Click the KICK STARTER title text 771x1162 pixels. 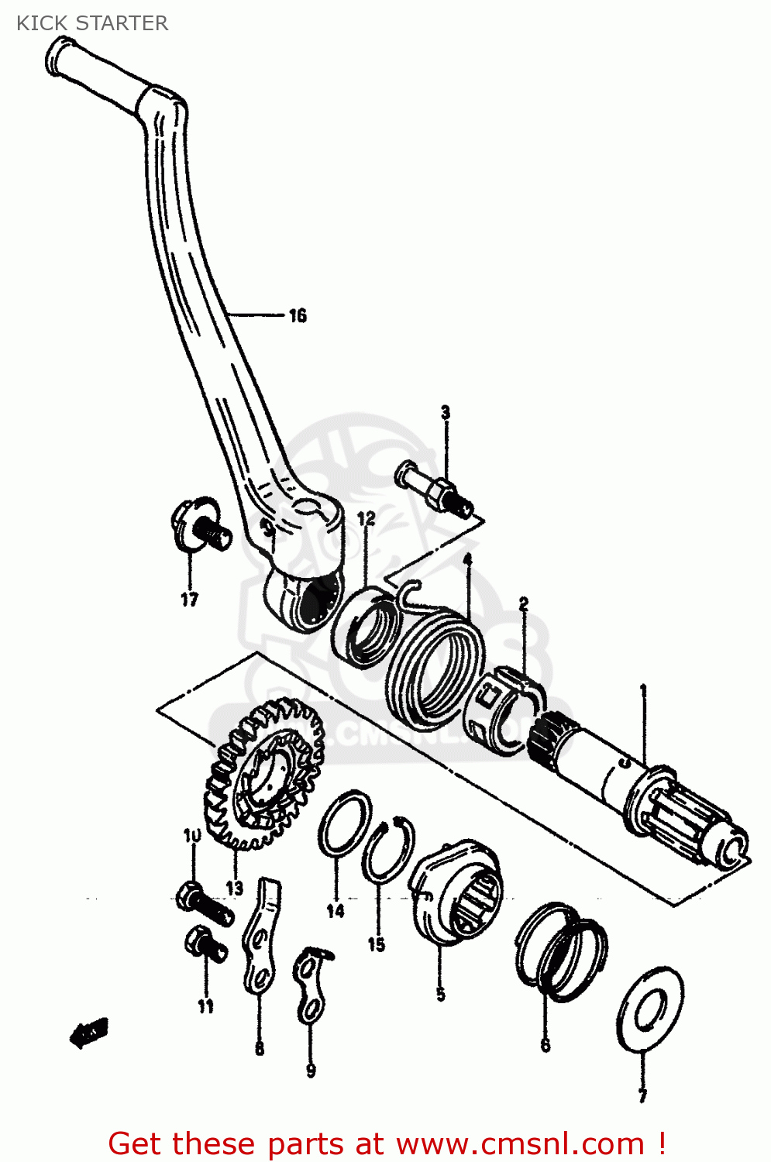91,23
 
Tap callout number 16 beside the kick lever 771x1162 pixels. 298,315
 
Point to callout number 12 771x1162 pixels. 366,518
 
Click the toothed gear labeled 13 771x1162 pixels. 263,775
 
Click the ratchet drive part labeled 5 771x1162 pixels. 456,891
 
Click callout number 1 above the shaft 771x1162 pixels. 642,689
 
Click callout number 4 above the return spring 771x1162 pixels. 467,559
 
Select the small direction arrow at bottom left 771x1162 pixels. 89,1032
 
